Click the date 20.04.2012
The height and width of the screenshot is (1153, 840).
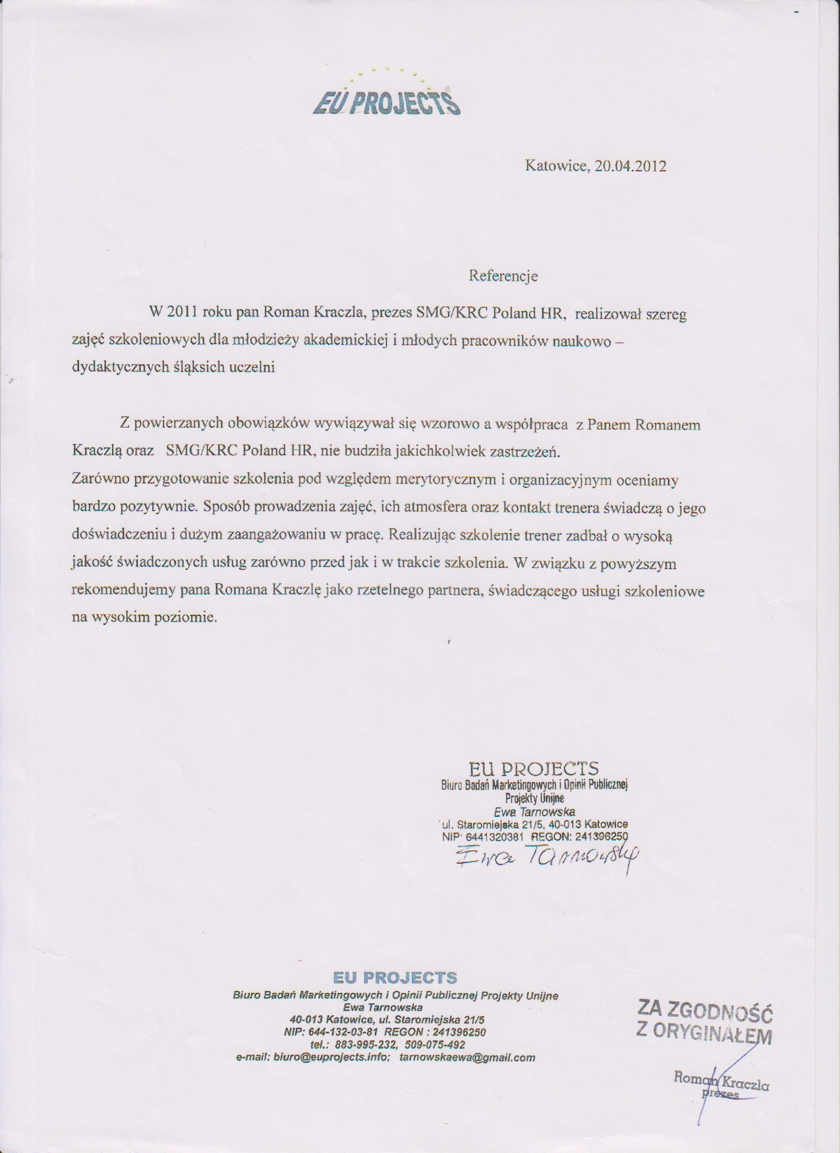(630, 166)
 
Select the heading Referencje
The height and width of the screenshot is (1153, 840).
(503, 276)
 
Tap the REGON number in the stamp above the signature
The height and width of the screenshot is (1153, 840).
(602, 837)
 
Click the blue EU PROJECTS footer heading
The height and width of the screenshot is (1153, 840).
(395, 978)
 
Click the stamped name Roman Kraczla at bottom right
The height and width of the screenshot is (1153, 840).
(721, 1081)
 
